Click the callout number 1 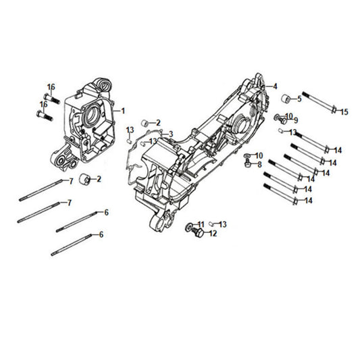[123, 109]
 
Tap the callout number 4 [275, 86]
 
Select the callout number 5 [299, 99]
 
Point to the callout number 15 [344, 111]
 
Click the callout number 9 [295, 120]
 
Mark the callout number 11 [201, 224]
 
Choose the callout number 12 [212, 234]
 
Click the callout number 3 [172, 134]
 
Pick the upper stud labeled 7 [43, 187]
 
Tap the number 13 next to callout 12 [222, 224]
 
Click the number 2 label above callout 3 [158, 122]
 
